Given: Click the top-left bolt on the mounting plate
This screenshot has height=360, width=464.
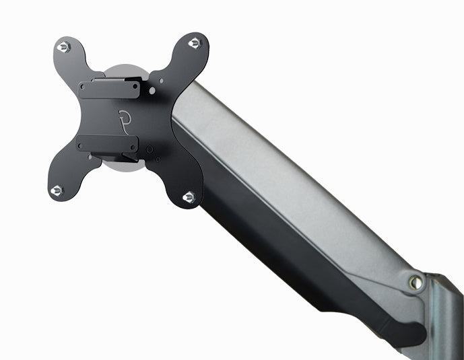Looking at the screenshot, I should [x=63, y=47].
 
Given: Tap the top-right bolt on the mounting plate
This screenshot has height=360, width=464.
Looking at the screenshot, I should [x=195, y=43].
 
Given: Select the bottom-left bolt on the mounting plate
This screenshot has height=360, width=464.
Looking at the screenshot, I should [x=57, y=190].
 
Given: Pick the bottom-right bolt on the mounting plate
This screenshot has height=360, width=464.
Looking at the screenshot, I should [x=189, y=196].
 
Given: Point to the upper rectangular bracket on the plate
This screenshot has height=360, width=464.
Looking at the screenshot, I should [x=109, y=89].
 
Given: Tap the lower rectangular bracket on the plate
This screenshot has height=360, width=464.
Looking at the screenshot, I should [x=108, y=144].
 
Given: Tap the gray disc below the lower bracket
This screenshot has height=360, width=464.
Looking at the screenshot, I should [x=125, y=166].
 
